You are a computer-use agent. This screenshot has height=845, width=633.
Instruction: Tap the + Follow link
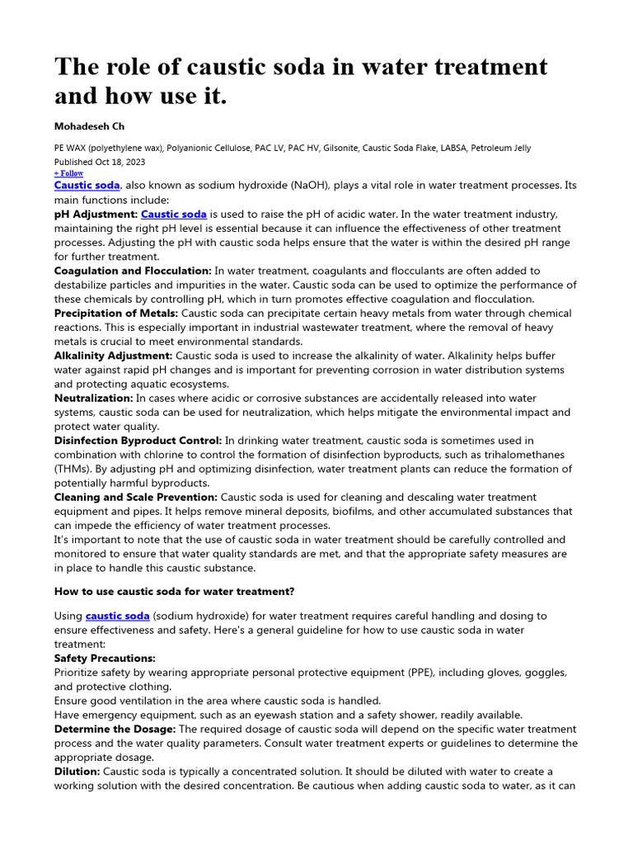68,173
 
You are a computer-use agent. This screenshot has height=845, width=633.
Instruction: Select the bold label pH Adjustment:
96,214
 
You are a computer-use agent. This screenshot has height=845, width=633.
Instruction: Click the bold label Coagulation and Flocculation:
133,271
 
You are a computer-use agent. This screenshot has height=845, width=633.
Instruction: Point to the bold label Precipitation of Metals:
115,314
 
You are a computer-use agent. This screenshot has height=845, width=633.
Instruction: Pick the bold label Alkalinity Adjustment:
114,356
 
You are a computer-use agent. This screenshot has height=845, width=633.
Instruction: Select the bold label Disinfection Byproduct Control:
138,441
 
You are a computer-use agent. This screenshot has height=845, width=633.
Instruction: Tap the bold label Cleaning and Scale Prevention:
136,498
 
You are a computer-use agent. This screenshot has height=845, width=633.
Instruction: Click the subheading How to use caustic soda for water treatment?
174,591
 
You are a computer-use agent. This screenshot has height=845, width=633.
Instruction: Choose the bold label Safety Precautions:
105,659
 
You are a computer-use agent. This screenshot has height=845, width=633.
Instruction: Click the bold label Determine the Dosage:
115,729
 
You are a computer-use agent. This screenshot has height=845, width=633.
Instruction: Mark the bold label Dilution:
77,772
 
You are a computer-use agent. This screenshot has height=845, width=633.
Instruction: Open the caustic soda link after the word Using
118,616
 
